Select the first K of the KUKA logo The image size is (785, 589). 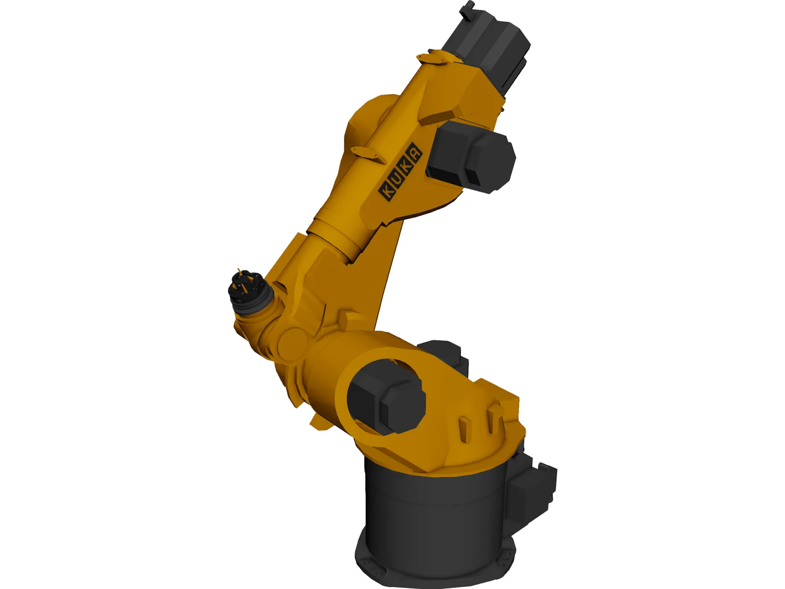coord(387,190)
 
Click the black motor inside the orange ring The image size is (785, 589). coord(386,395)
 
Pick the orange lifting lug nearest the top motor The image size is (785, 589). coord(434,59)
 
